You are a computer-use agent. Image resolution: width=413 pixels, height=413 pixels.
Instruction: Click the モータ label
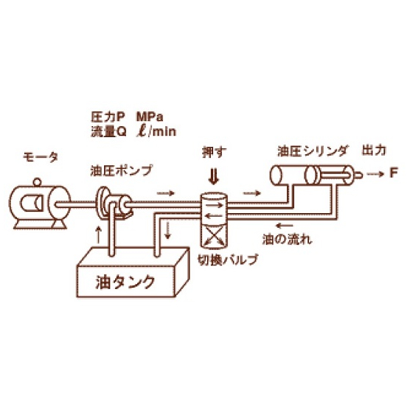coord(41,158)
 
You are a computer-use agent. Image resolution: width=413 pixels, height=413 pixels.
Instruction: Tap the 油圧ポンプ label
coord(122,170)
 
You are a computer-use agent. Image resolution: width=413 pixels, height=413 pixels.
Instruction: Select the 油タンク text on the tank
coord(125,282)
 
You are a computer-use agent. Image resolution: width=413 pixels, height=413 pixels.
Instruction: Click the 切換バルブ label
coord(228,260)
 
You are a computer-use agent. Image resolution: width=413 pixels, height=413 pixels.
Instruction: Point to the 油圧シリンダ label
coord(313,151)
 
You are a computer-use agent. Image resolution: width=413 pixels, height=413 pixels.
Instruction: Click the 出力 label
coord(374,150)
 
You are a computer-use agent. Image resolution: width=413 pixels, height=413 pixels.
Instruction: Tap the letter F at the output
coord(393,173)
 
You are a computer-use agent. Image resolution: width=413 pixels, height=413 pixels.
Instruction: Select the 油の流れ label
coord(287,240)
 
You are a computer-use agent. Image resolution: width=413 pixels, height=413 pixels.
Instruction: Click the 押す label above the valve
coord(214,152)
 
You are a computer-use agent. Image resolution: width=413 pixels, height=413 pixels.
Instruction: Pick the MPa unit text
coord(150,117)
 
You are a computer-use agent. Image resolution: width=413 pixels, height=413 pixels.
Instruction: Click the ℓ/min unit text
coord(156,131)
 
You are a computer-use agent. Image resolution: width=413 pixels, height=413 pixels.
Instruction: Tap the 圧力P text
coord(108,117)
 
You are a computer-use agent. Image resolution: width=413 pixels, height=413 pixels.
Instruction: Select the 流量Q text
coord(109,131)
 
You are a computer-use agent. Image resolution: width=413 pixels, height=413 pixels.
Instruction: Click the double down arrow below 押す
coord(214,178)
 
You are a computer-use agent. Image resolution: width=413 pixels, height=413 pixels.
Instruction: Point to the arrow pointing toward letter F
coord(375,174)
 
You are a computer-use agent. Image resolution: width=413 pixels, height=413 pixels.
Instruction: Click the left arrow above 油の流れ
coord(284,226)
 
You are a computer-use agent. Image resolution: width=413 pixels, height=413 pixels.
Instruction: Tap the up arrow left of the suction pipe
coord(99,235)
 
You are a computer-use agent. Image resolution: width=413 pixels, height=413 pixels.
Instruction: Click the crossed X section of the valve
coord(214,236)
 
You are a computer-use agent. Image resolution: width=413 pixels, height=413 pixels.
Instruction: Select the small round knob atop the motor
coord(38,182)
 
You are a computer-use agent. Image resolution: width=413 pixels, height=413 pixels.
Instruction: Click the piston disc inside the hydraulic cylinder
coord(310,176)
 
